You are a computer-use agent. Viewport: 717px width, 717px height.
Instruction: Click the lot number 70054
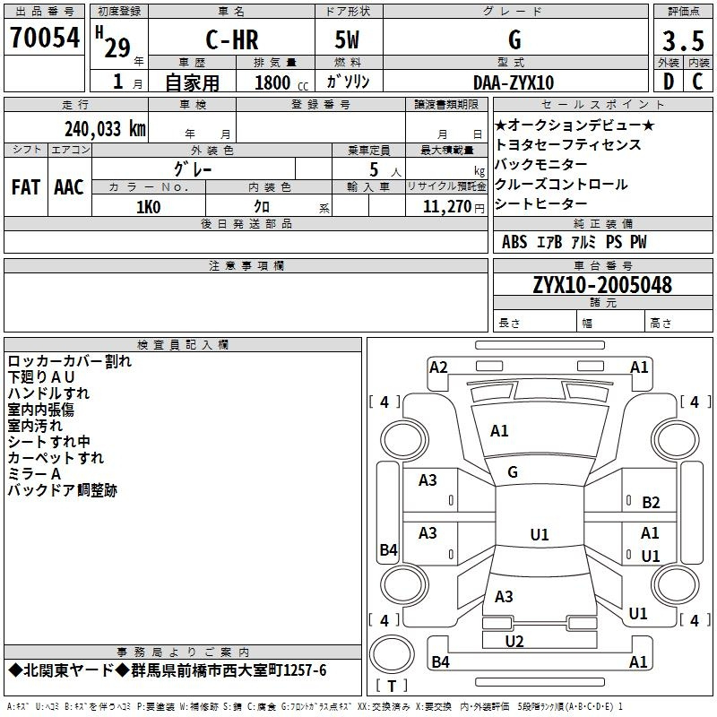click(x=45, y=38)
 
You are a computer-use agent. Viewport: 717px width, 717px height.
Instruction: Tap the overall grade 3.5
click(x=683, y=40)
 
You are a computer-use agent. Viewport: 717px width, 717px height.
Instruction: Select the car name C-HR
click(x=232, y=39)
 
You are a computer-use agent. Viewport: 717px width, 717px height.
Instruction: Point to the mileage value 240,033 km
click(x=105, y=129)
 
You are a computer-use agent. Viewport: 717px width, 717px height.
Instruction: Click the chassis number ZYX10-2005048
click(x=602, y=285)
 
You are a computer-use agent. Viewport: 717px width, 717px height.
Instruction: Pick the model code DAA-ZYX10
click(x=514, y=82)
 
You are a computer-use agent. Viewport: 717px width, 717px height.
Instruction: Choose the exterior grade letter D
click(x=669, y=82)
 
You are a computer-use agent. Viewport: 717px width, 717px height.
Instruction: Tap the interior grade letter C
click(x=697, y=82)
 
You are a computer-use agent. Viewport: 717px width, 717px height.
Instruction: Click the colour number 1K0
click(x=149, y=207)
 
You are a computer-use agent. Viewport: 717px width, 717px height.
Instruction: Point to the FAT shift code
click(x=26, y=187)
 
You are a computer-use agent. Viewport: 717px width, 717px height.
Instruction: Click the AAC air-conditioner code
click(x=69, y=187)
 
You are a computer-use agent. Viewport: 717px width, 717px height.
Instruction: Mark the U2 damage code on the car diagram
click(x=514, y=641)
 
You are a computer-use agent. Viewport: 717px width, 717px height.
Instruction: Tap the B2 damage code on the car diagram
click(x=651, y=503)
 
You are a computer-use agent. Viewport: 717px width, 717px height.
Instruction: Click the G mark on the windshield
click(x=513, y=472)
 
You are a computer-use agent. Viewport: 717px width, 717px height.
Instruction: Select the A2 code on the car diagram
click(x=438, y=367)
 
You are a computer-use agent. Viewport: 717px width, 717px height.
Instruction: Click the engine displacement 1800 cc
click(x=281, y=82)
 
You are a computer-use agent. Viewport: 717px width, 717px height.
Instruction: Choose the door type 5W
click(x=347, y=39)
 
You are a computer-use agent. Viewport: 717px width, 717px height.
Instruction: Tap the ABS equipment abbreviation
click(x=514, y=242)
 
